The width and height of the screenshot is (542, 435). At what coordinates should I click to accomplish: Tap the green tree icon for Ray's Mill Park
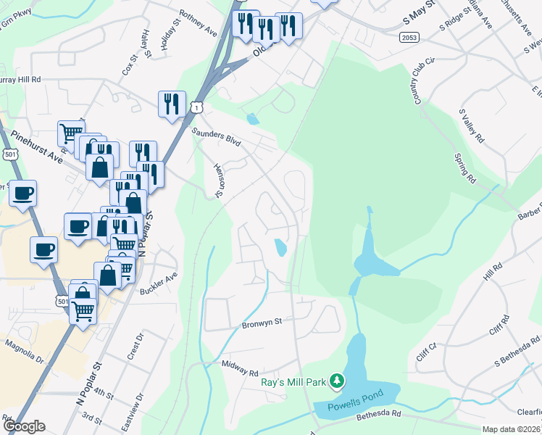pos(336,381)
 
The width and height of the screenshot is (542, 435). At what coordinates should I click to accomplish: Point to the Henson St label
pos(219,179)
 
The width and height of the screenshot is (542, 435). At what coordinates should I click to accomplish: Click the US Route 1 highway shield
pos(196,107)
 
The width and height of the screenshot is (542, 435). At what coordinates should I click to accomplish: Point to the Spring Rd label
pos(464,167)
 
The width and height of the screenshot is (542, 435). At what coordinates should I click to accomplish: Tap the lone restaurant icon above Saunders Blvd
pos(172,103)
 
